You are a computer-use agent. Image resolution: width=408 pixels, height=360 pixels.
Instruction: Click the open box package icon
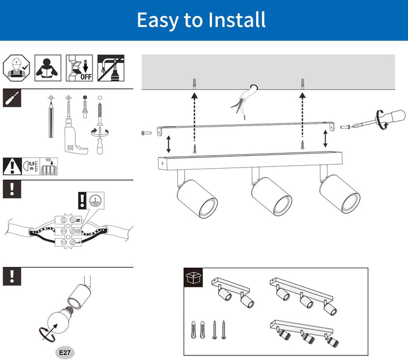coord(194,278)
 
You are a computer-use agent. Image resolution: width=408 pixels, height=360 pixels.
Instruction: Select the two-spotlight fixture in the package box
coord(232,292)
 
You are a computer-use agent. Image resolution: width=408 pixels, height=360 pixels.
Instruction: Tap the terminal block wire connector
coord(69,229)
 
